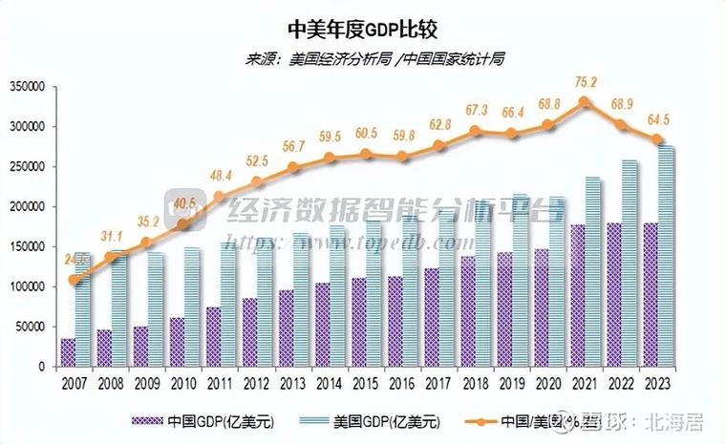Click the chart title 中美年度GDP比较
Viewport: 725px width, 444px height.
362,28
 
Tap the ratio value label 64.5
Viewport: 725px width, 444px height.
658,120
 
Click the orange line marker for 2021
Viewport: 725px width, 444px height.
585,101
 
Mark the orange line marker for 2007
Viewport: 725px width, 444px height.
75,281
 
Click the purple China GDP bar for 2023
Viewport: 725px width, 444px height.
650,295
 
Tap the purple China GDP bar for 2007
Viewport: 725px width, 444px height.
68,352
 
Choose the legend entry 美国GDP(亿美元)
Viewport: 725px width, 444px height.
373,422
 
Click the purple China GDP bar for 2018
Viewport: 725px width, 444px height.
467,311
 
